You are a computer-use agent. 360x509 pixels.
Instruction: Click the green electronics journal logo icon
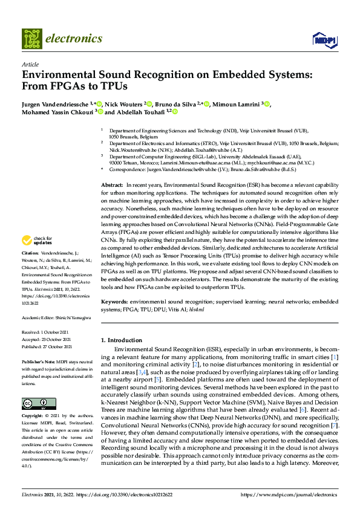tap(33, 38)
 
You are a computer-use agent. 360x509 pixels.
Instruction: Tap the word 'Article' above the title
tap(30, 63)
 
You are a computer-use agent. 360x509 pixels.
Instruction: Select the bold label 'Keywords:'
tap(114, 300)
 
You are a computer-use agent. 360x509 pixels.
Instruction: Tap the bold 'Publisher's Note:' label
tap(39, 360)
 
